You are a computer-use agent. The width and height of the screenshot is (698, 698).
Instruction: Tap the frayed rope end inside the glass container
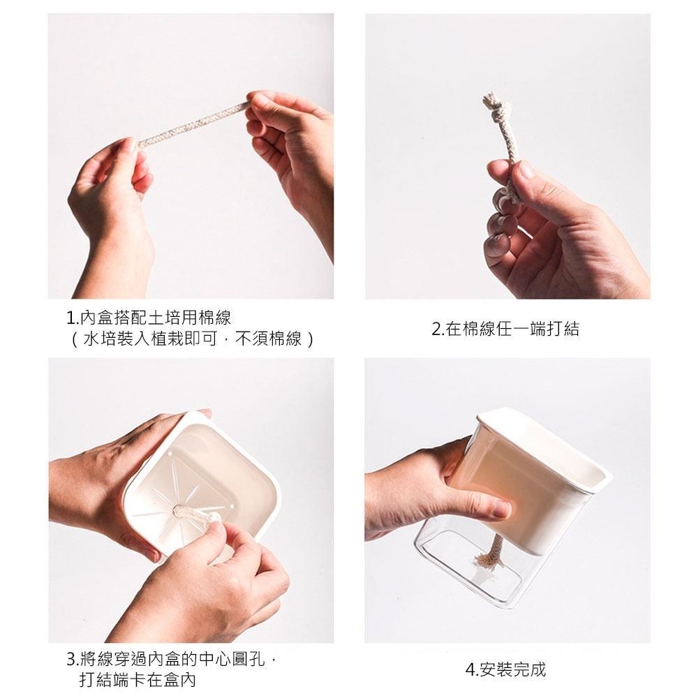point(487,558)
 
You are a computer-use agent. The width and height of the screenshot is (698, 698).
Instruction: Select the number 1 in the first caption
point(70,319)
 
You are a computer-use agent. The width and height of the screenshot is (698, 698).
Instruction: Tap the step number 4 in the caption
point(470,670)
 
